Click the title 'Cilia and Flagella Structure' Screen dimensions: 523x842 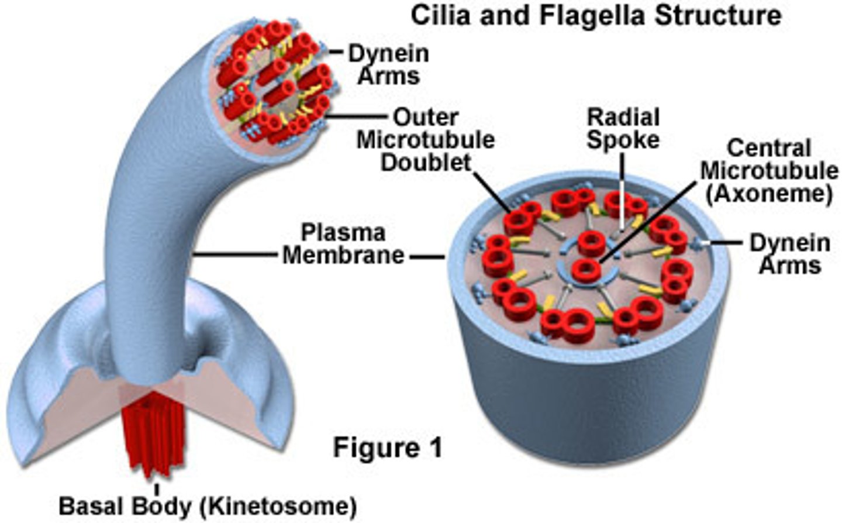click(596, 15)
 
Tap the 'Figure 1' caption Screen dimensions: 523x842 click(388, 448)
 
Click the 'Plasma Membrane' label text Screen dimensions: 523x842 click(343, 244)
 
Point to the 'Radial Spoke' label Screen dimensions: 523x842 click(623, 128)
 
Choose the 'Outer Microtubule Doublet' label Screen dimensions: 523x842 click(426, 140)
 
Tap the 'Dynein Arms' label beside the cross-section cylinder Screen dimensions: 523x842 click(790, 254)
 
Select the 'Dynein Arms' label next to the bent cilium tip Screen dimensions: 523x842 click(389, 64)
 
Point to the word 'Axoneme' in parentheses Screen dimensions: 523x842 click(769, 194)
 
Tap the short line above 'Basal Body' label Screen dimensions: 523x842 click(156, 489)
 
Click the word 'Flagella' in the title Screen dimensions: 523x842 click(592, 15)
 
